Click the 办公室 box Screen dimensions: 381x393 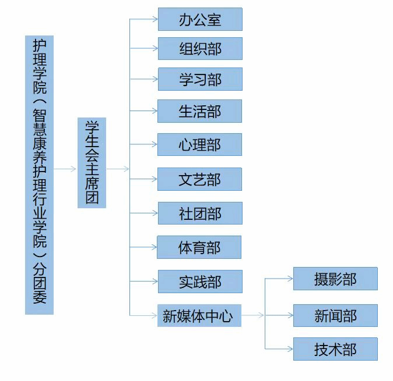click(200, 19)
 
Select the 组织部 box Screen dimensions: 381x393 click(200, 48)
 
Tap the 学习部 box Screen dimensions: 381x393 click(200, 79)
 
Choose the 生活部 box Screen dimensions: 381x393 click(200, 111)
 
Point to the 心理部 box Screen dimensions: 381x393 click(200, 144)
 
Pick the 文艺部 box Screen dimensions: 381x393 click(200, 179)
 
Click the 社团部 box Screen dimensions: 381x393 click(200, 213)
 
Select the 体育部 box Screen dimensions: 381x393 click(199, 248)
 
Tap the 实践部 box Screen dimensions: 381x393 click(200, 282)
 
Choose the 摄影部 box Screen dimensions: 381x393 click(335, 279)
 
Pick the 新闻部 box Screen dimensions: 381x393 click(335, 315)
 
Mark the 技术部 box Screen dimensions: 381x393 click(335, 349)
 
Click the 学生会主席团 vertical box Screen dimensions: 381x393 click(92, 163)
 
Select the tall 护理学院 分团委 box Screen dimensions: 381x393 click(39, 175)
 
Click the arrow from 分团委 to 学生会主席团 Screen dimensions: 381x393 click(65, 169)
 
